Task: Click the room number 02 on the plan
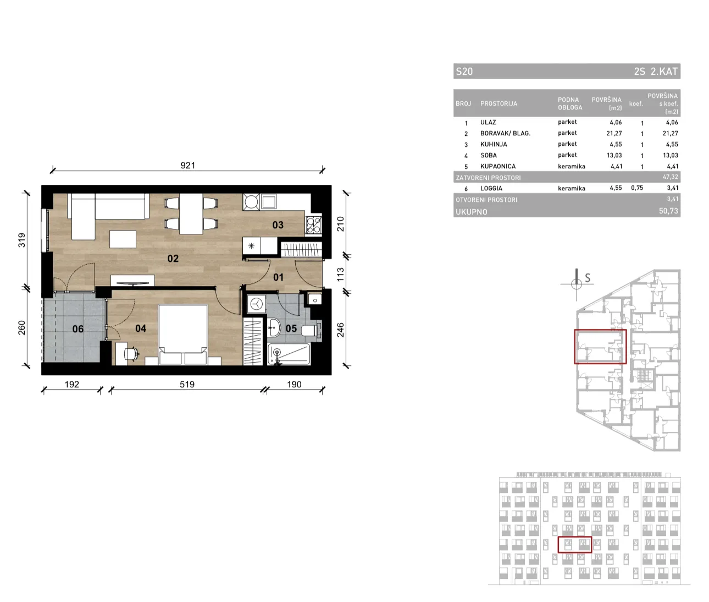pyautogui.click(x=173, y=259)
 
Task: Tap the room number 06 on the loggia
pyautogui.click(x=78, y=329)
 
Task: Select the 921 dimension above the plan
pyautogui.click(x=187, y=166)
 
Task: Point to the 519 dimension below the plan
pyautogui.click(x=187, y=384)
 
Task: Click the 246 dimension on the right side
pyautogui.click(x=340, y=330)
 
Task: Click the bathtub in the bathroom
pyautogui.click(x=289, y=354)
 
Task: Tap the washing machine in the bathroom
pyautogui.click(x=257, y=304)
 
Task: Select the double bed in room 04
pyautogui.click(x=183, y=335)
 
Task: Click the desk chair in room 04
pyautogui.click(x=131, y=353)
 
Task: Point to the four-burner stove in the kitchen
pyautogui.click(x=313, y=226)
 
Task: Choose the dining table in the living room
pyautogui.click(x=191, y=214)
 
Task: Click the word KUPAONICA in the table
pyautogui.click(x=498, y=166)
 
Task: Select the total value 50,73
pyautogui.click(x=668, y=211)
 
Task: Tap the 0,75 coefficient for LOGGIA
pyautogui.click(x=637, y=188)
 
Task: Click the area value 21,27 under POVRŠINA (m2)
pyautogui.click(x=614, y=133)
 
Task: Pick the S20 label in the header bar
pyautogui.click(x=464, y=72)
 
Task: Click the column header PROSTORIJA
pyautogui.click(x=498, y=103)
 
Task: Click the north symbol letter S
pyautogui.click(x=588, y=278)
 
